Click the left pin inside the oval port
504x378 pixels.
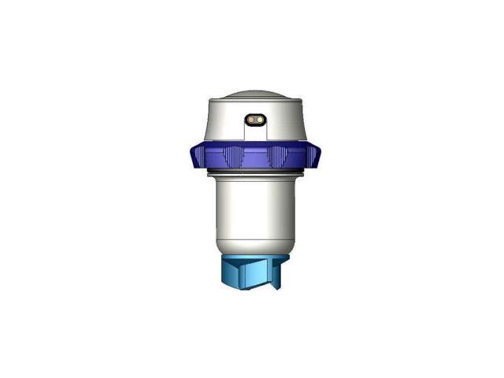coord(251,120)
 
